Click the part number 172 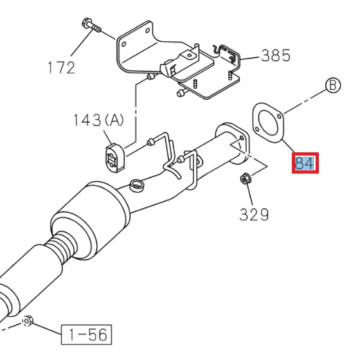coord(61,67)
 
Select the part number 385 coord(276,57)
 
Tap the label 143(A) coord(97,120)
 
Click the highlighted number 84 coord(305,163)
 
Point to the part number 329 coord(254,213)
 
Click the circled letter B coord(332,84)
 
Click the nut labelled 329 coord(245,178)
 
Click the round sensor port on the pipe coord(136,186)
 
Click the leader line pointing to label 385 coord(251,57)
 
